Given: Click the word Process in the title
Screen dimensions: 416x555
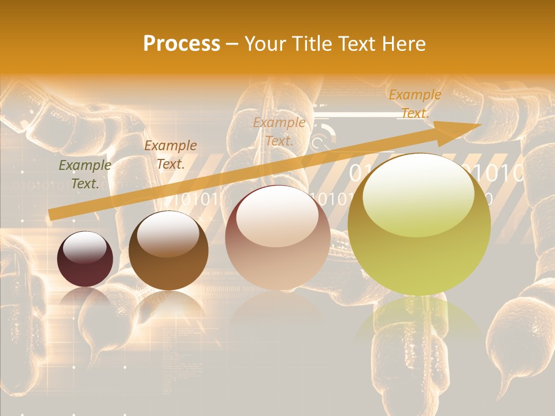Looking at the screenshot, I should [x=182, y=44].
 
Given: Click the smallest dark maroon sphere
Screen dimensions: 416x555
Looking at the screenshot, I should [x=85, y=259].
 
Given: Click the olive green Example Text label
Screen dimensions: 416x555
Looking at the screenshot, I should [x=85, y=174].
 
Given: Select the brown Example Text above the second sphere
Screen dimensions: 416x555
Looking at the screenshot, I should [x=170, y=154].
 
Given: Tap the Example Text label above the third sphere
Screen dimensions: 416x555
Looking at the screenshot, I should [x=279, y=131].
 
